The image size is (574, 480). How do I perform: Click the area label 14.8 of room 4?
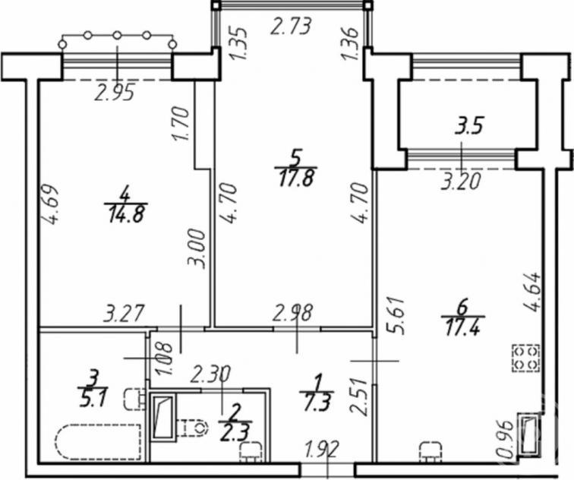click(x=125, y=214)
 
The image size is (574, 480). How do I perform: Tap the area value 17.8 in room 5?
click(x=296, y=178)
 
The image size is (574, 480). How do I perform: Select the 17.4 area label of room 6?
click(x=462, y=327)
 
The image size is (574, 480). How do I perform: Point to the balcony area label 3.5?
click(x=470, y=125)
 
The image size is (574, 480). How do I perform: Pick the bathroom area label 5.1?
click(x=93, y=398)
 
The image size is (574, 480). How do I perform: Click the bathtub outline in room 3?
click(x=98, y=441)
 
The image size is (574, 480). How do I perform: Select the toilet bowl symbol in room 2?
click(x=192, y=427)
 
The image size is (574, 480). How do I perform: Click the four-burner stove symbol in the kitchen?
click(x=526, y=358)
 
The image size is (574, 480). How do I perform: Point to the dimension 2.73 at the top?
click(x=291, y=27)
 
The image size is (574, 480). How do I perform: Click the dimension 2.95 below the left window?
click(x=115, y=92)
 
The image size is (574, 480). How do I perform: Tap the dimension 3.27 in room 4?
click(x=124, y=314)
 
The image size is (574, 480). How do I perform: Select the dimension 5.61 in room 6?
click(x=398, y=316)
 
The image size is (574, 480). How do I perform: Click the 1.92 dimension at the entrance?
click(x=323, y=450)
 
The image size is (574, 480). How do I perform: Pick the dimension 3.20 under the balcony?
click(x=461, y=182)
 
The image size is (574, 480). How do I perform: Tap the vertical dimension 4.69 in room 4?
click(x=50, y=204)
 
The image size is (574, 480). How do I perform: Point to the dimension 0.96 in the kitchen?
click(x=506, y=439)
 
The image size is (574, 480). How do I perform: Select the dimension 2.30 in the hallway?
click(x=211, y=374)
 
